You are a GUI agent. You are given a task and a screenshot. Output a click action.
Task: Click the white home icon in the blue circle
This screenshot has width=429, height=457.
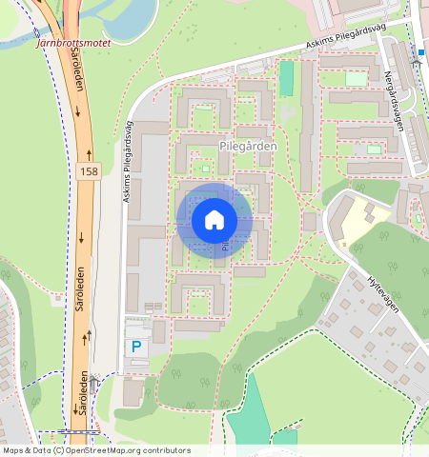click(214, 220)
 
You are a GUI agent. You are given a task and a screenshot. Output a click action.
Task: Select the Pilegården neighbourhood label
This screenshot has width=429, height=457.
click(248, 147)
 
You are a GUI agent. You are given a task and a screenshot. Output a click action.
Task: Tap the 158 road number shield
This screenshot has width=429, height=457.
click(89, 171)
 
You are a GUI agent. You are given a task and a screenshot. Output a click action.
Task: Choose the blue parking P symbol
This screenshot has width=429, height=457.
click(135, 347)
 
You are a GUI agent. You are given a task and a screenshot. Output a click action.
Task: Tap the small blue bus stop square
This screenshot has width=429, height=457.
click(420, 51)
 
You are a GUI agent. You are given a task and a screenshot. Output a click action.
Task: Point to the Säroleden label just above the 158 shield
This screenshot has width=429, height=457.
click(77, 94)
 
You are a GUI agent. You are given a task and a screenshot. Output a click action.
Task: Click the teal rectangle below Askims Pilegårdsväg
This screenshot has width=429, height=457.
click(286, 79)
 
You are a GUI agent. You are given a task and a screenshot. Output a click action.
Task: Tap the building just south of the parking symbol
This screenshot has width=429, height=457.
click(134, 390)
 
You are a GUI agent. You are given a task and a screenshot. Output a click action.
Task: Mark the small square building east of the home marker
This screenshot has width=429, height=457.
click(309, 222)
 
